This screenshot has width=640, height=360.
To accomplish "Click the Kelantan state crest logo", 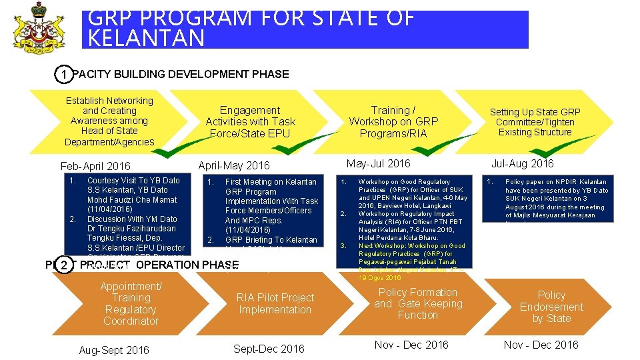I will point(39,27).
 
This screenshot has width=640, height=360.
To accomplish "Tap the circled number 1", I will point(63,74).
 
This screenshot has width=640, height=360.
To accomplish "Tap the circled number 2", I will point(63,265).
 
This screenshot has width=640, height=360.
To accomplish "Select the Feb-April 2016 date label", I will point(95,166).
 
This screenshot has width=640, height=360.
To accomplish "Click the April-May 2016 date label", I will point(234,165).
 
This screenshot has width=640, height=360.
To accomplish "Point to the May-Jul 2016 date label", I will point(378,163).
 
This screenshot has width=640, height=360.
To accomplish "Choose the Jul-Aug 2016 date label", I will point(522,163).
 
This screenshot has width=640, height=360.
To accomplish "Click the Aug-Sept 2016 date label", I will point(114,350).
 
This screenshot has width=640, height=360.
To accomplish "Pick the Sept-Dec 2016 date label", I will point(269,349).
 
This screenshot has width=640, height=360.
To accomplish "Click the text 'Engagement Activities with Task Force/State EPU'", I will point(250,121).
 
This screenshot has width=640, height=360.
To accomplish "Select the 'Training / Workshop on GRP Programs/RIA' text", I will point(393,121).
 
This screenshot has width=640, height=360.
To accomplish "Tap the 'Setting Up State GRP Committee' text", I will point(535,121).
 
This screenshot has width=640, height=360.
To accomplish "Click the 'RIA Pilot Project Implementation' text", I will point(275,303).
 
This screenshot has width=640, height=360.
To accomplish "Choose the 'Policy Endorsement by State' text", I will point(551,307).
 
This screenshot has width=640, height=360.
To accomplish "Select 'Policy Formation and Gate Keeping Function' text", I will point(418,303).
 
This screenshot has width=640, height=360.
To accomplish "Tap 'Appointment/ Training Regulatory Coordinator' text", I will point(131,303).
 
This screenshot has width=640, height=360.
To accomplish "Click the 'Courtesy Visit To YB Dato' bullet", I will point(133,181).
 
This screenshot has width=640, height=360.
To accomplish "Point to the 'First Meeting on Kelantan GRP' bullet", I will point(271,182).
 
